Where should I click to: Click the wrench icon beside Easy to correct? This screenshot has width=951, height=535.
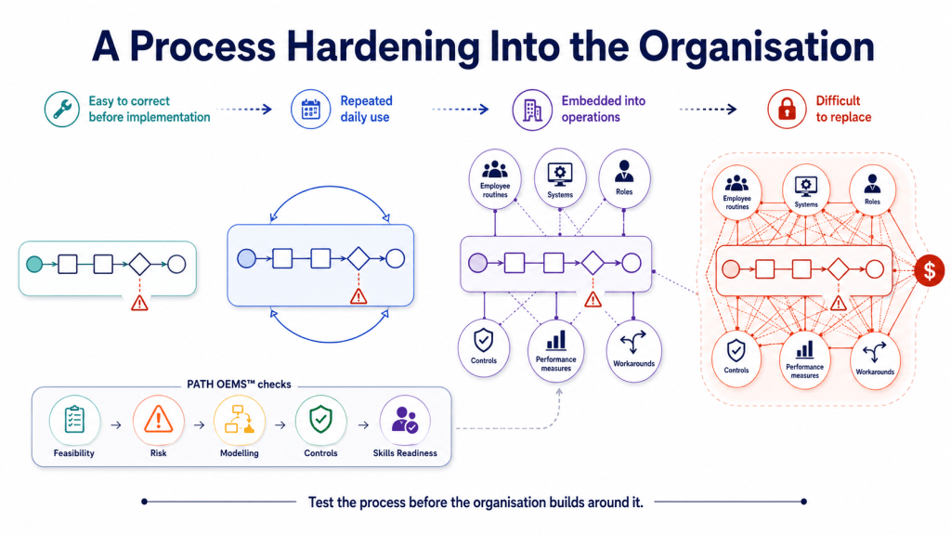click(62, 110)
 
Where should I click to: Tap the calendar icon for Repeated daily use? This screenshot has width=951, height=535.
click(310, 110)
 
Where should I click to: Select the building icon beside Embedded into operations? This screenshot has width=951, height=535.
click(532, 110)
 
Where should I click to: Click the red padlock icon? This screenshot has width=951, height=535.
click(787, 110)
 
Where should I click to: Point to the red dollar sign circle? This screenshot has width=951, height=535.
click(929, 270)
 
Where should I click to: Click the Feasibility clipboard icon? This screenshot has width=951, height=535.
click(74, 420)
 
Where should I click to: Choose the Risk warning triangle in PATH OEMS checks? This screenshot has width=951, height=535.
click(158, 420)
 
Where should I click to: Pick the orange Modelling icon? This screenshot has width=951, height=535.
click(239, 420)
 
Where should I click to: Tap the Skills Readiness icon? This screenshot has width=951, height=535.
click(405, 420)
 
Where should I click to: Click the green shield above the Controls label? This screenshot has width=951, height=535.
click(320, 420)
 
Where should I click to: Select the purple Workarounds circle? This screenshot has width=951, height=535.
click(633, 350)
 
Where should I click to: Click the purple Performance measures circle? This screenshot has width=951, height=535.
click(555, 350)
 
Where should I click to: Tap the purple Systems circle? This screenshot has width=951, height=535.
click(560, 177)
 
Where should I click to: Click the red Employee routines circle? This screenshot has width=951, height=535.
click(736, 190)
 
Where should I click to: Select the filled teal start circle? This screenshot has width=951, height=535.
click(34, 265)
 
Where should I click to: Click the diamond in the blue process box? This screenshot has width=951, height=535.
click(358, 259)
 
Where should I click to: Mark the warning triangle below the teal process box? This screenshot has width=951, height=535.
click(139, 302)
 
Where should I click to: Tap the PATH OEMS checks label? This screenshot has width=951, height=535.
click(239, 385)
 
